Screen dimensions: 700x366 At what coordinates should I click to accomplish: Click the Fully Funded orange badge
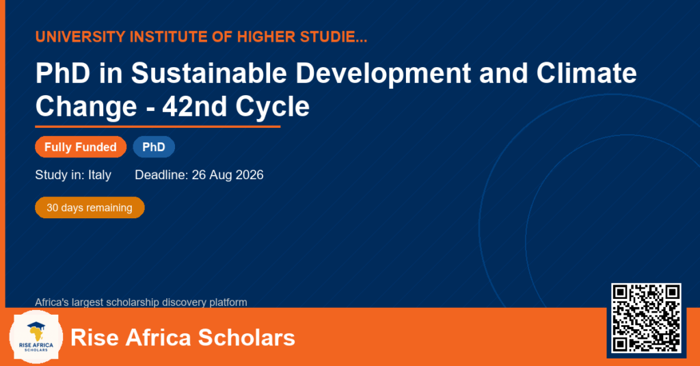click(x=81, y=147)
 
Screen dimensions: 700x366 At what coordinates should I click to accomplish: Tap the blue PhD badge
click(x=154, y=147)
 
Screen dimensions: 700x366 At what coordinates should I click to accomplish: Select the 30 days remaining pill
click(x=90, y=208)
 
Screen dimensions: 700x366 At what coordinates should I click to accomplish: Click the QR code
click(x=646, y=318)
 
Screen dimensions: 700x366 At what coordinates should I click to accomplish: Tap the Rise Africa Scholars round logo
click(x=36, y=337)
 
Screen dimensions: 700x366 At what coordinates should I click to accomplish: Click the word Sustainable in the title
click(x=208, y=73)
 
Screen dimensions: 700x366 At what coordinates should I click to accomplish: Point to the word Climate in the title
click(x=587, y=73)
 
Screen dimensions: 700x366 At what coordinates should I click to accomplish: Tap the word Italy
click(x=100, y=174)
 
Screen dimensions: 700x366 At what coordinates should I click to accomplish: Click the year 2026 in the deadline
click(x=250, y=174)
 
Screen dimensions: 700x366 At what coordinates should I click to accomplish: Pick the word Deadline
click(x=161, y=174)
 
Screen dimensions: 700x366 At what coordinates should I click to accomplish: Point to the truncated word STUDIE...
click(x=334, y=37)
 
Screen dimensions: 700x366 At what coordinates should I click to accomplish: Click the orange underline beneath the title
click(x=158, y=127)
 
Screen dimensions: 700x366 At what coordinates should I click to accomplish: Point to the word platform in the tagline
click(x=228, y=302)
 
